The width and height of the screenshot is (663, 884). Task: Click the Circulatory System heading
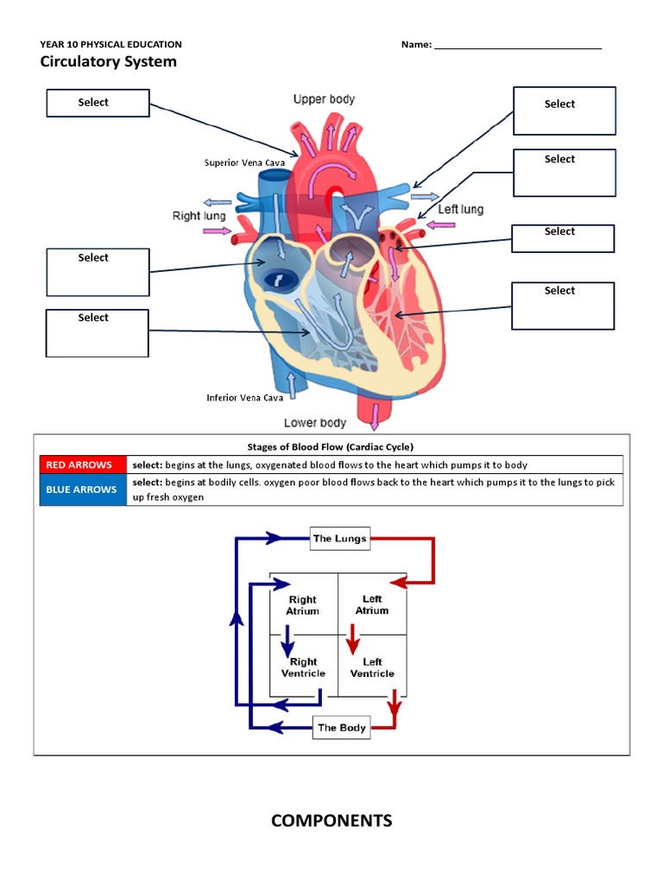(108, 61)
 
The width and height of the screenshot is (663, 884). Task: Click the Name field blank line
(517, 46)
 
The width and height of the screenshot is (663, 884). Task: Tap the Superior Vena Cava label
(244, 162)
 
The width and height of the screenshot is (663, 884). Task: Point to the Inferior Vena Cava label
(245, 398)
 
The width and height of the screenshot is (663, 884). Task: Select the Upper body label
(324, 99)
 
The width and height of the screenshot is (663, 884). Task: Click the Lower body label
(315, 423)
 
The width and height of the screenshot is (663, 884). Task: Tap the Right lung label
(199, 216)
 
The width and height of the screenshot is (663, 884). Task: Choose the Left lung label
(461, 209)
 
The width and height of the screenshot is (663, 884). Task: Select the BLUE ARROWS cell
(83, 489)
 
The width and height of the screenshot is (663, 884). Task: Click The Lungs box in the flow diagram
(340, 539)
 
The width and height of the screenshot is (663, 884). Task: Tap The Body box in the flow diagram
(342, 728)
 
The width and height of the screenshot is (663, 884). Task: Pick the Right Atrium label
(302, 605)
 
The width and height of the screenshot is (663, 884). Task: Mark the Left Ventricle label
(372, 667)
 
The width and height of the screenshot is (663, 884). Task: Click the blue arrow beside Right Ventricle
(288, 645)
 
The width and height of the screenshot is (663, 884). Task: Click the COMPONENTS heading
(331, 821)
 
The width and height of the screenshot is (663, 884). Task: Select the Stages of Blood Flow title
(331, 446)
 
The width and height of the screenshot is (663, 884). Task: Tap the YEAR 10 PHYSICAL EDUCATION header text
(110, 44)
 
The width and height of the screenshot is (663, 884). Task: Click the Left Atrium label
(372, 604)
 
